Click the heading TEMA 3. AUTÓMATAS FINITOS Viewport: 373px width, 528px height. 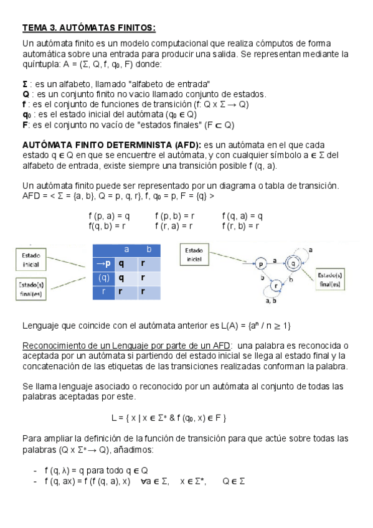[x=88, y=28]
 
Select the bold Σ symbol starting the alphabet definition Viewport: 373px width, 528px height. [x=25, y=84]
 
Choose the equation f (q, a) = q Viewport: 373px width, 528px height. [x=242, y=216]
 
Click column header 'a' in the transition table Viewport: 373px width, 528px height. [x=126, y=250]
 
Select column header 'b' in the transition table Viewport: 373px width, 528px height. [x=149, y=250]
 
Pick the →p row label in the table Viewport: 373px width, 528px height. [x=104, y=263]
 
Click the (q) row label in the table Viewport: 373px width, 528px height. [x=104, y=278]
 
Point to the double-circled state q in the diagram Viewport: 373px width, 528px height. [x=293, y=264]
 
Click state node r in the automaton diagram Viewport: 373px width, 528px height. [x=275, y=286]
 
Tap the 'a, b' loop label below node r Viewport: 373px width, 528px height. [x=271, y=301]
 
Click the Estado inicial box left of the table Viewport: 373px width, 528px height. [x=31, y=260]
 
